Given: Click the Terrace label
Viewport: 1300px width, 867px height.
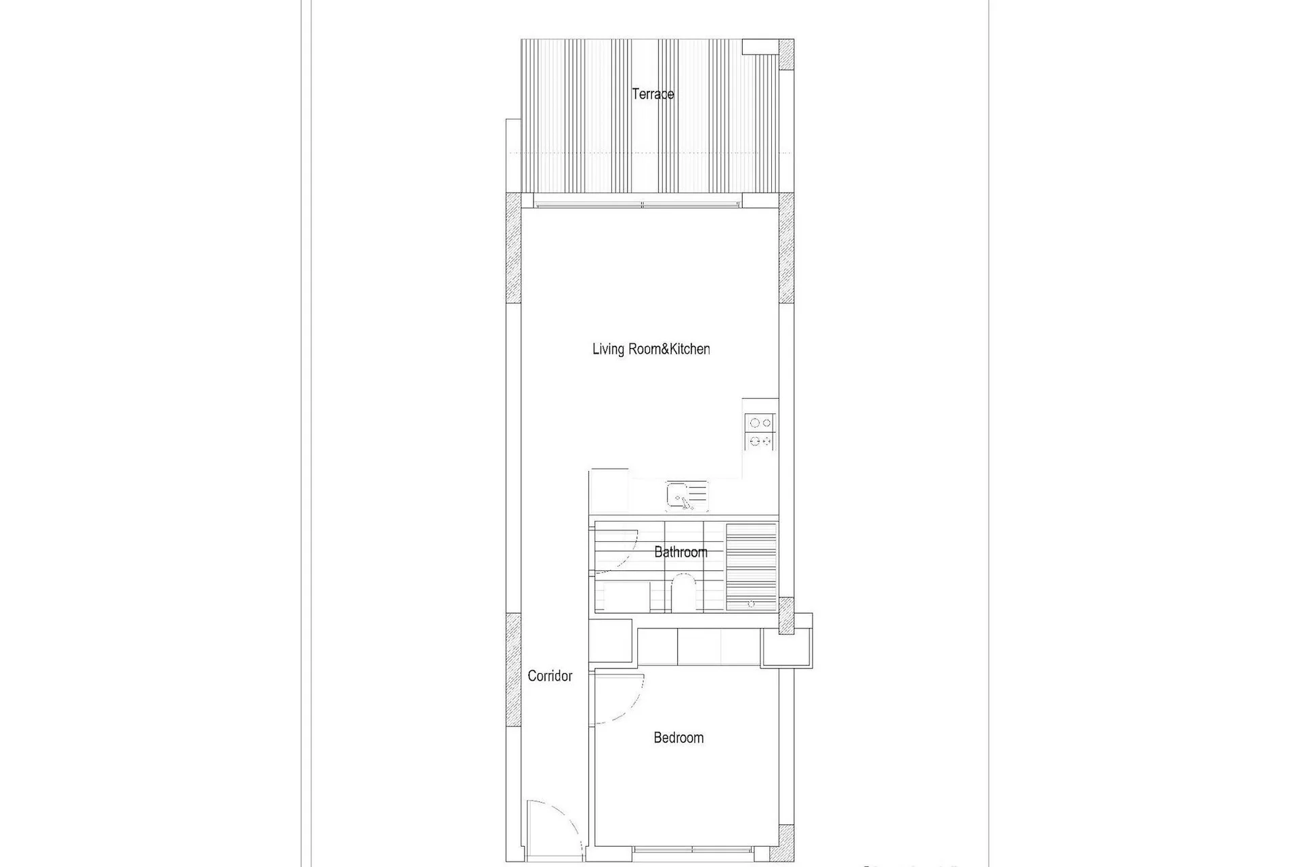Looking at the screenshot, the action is (x=653, y=94).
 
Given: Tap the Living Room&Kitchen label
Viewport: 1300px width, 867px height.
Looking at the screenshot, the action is (x=651, y=350).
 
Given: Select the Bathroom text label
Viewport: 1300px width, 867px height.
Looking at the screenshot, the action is (x=680, y=552).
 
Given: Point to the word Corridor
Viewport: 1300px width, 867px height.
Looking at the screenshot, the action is (x=550, y=676).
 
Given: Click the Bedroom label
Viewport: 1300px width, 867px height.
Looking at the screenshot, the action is (x=678, y=738).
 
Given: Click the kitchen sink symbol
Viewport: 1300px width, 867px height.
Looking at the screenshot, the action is (x=687, y=496).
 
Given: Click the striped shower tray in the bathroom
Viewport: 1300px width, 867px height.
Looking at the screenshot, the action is (x=751, y=567).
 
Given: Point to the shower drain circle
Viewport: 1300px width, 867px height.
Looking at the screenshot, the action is (x=751, y=604).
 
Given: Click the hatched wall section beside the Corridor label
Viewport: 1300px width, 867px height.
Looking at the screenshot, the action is (x=513, y=670).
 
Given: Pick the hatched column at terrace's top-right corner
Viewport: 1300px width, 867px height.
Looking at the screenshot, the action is (x=786, y=54).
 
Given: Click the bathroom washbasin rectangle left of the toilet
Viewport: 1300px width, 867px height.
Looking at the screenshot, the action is (x=626, y=597).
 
